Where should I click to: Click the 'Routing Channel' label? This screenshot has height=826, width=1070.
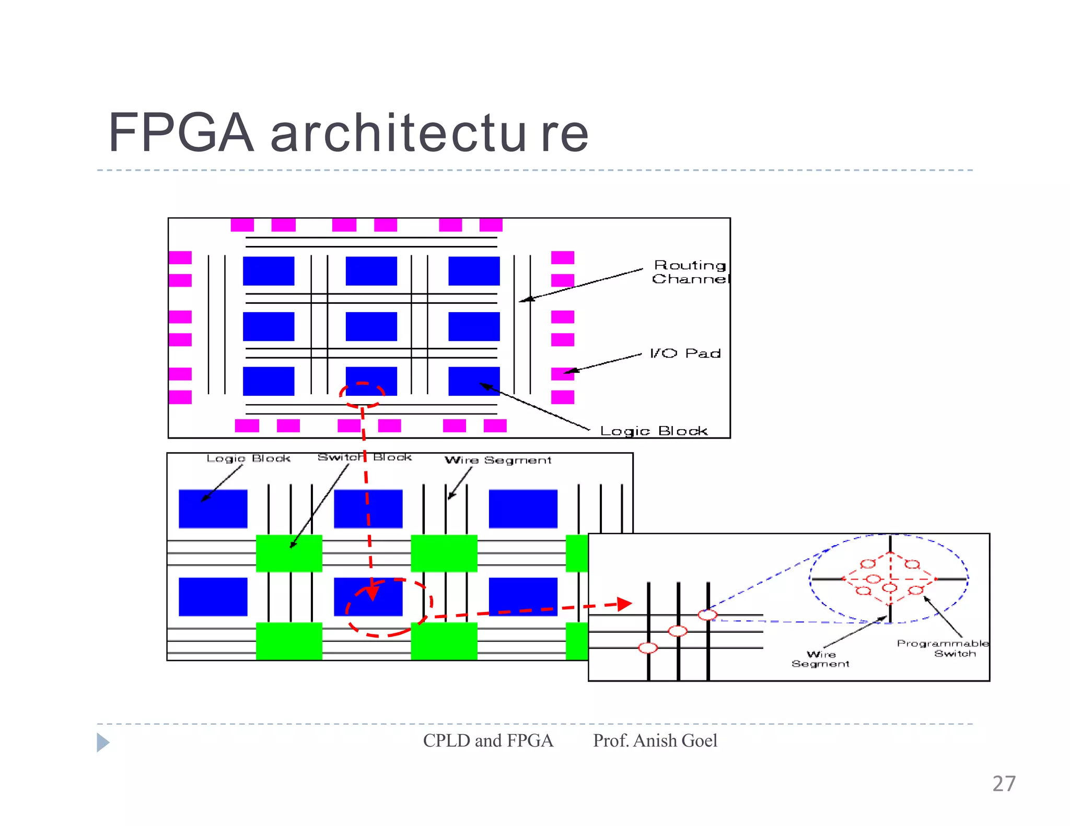pyautogui.click(x=690, y=272)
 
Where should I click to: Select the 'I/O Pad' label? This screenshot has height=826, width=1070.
pyautogui.click(x=685, y=353)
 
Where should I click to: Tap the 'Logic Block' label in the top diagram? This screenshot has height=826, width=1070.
pyautogui.click(x=653, y=431)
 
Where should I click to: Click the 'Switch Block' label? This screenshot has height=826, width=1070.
pyautogui.click(x=365, y=457)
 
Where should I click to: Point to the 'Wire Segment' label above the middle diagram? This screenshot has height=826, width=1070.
pyautogui.click(x=497, y=460)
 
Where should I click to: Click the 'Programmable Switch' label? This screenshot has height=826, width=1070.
pyautogui.click(x=943, y=648)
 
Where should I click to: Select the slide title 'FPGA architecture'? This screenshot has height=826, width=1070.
pyautogui.click(x=348, y=133)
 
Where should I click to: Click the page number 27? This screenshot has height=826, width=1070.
pyautogui.click(x=1004, y=784)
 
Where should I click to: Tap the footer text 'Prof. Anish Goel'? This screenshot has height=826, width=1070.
pyautogui.click(x=655, y=740)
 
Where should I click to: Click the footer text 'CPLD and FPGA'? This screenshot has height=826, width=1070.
pyautogui.click(x=487, y=740)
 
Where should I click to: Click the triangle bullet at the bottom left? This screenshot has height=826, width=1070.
pyautogui.click(x=103, y=742)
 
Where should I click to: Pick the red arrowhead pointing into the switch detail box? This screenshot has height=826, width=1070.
pyautogui.click(x=624, y=604)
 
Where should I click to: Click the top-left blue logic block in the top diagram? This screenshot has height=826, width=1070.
pyautogui.click(x=269, y=270)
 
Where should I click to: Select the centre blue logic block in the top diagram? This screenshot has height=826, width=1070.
pyautogui.click(x=371, y=326)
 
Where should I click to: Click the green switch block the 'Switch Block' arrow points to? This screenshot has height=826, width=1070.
pyautogui.click(x=289, y=553)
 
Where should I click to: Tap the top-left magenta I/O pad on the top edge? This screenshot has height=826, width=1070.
pyautogui.click(x=242, y=225)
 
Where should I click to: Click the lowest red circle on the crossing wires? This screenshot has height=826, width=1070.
pyautogui.click(x=648, y=648)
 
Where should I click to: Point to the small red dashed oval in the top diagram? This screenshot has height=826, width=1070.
pyautogui.click(x=362, y=395)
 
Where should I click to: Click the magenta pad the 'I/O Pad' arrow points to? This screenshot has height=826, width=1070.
pyautogui.click(x=563, y=373)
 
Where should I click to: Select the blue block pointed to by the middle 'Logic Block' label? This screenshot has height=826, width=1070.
pyautogui.click(x=213, y=509)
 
